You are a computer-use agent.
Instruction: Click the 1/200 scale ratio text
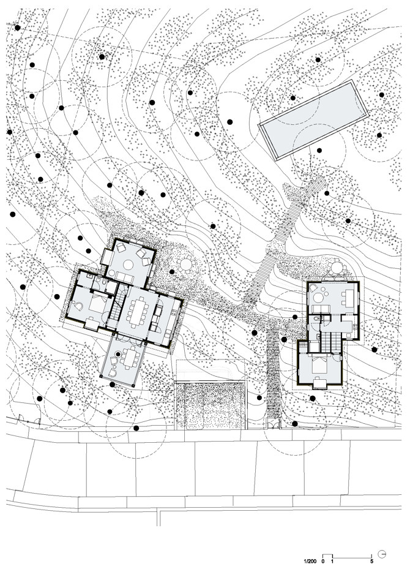pos(310,561)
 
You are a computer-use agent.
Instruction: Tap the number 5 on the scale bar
pos(371,561)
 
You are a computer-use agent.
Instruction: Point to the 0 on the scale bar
pos(322,561)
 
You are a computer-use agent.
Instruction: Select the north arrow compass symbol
pos(382,554)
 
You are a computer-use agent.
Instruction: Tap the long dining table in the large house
pos(137,312)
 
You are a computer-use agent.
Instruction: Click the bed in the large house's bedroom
pos(97,303)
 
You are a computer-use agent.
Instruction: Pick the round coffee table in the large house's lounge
pos(128,265)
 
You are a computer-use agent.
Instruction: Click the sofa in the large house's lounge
pos(125,277)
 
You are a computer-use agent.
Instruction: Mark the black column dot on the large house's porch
pos(117,354)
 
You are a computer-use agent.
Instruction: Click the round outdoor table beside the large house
pos(185,264)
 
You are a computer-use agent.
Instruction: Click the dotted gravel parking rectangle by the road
pos(211,405)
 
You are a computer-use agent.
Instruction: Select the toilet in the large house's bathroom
pos(106,284)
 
